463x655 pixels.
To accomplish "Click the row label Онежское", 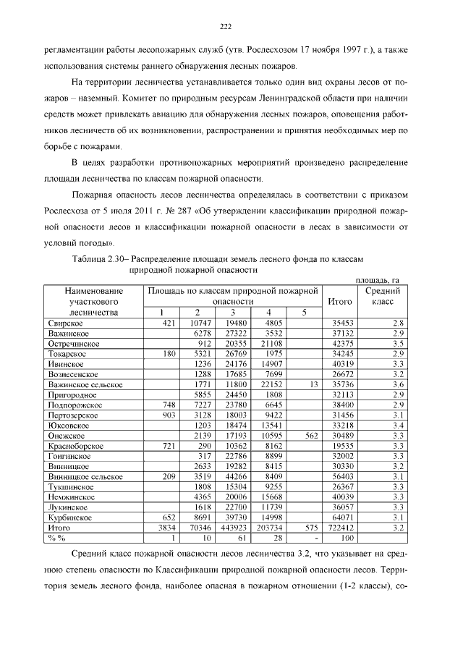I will tap(67, 436).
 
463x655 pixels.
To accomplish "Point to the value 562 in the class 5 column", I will tap(311, 436).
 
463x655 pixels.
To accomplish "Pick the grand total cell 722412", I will tap(339, 529).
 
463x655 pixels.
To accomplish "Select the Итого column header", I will tap(339, 300).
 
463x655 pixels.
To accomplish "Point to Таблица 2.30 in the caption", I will tap(100, 258).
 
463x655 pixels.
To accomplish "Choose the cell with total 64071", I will tap(341, 519).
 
